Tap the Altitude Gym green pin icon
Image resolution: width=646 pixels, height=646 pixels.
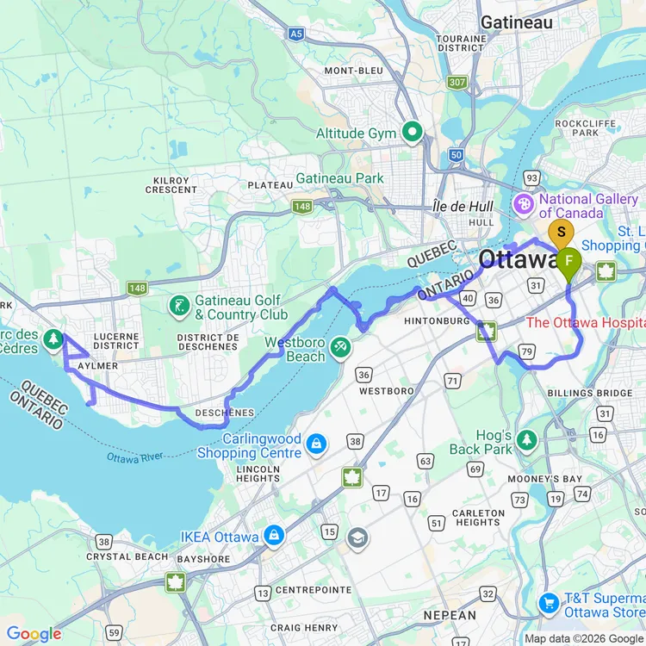coord(413,133)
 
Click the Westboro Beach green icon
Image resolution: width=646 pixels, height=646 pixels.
coord(342,346)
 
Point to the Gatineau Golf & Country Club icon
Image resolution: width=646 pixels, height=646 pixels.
coord(179,305)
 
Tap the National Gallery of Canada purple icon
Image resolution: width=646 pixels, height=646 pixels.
coord(523,205)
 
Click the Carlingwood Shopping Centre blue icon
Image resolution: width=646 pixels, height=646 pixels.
coord(316,444)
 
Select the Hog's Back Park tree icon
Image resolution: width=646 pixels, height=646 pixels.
coord(527,441)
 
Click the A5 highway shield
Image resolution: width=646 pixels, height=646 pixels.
coord(297,34)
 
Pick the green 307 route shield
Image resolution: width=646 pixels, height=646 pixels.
coord(457,82)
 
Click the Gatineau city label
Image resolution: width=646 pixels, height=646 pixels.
coord(517,22)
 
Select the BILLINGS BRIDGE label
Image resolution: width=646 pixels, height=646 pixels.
coord(590,393)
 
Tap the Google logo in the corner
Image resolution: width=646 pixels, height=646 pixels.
coord(34,635)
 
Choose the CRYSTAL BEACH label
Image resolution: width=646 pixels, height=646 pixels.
coord(127,556)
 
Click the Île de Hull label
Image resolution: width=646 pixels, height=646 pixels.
coord(463,207)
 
